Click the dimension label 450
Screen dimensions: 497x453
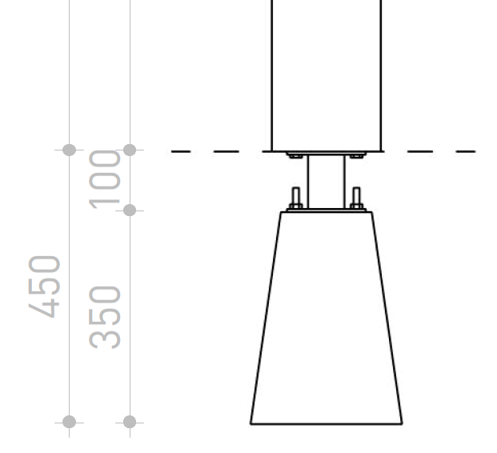[44, 287]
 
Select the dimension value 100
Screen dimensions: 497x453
[105, 179]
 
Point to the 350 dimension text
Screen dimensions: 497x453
[105, 317]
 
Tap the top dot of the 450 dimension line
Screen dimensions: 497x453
[69, 150]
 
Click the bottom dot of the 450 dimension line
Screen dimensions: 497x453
[69, 423]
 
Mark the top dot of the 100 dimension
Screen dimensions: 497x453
[130, 150]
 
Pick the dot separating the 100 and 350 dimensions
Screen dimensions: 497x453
[130, 210]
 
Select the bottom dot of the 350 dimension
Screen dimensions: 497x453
[130, 423]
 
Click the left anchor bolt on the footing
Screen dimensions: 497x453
[296, 198]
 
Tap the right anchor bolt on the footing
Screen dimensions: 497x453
[356, 198]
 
